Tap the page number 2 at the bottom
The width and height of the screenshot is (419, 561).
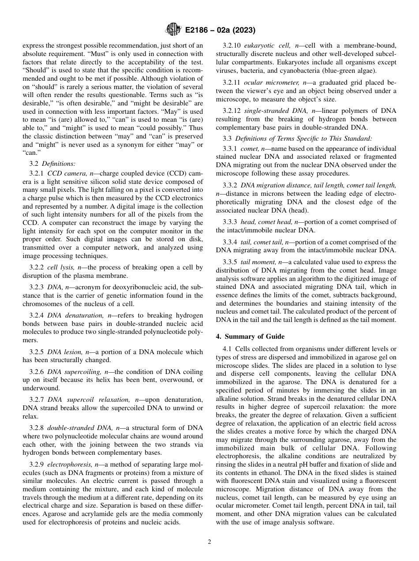[x=209, y=542]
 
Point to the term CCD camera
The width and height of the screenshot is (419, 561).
[x=68, y=173]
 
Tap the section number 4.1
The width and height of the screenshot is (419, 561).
[x=228, y=349]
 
